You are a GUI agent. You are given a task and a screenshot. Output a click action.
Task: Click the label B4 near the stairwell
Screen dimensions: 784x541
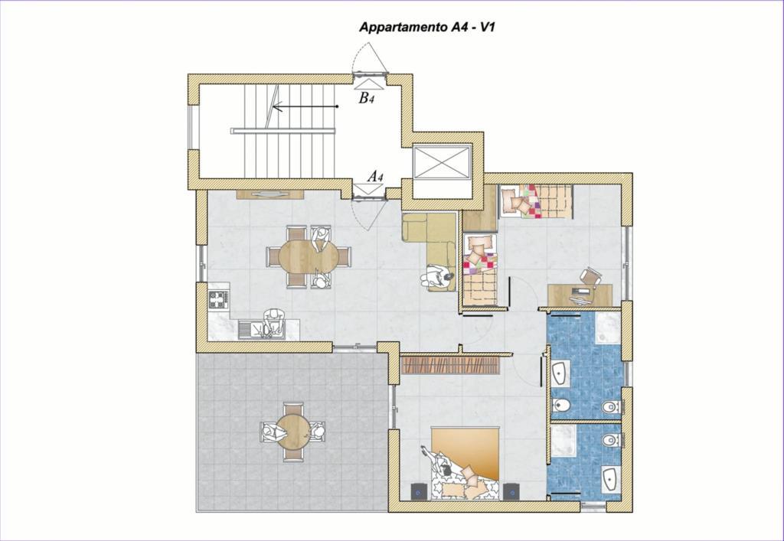pyautogui.click(x=366, y=98)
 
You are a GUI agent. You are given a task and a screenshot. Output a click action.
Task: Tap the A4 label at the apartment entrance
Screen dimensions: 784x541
pyautogui.click(x=375, y=176)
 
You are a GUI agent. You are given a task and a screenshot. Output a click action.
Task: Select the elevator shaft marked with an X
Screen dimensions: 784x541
pyautogui.click(x=443, y=161)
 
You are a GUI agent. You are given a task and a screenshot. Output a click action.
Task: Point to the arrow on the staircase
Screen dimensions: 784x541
pyautogui.click(x=305, y=106)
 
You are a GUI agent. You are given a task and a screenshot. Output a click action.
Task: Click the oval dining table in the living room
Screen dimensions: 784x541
pyautogui.click(x=309, y=257)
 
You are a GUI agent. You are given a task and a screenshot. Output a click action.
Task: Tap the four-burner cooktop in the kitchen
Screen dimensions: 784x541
pyautogui.click(x=218, y=299)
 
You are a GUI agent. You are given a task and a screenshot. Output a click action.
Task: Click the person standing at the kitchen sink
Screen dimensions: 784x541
pyautogui.click(x=273, y=322)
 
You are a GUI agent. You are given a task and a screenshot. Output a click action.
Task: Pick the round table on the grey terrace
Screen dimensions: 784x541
pyautogui.click(x=294, y=432)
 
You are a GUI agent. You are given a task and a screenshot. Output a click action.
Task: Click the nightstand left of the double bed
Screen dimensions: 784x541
pyautogui.click(x=419, y=491)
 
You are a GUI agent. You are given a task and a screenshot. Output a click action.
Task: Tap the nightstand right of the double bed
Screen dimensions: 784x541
pyautogui.click(x=511, y=491)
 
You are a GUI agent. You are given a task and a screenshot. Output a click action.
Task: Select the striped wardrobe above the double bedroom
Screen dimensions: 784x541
pyautogui.click(x=450, y=365)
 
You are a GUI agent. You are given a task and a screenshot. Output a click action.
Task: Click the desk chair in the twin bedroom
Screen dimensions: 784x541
pyautogui.click(x=590, y=276)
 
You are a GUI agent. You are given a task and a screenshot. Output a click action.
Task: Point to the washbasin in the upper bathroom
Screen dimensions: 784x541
pyautogui.click(x=559, y=372)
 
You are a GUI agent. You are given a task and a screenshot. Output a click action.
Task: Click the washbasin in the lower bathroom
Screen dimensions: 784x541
pyautogui.click(x=610, y=478)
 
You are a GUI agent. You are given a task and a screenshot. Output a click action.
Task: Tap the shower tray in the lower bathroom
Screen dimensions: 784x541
pyautogui.click(x=563, y=441)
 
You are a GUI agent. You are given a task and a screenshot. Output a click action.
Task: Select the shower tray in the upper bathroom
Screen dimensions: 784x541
pyautogui.click(x=608, y=328)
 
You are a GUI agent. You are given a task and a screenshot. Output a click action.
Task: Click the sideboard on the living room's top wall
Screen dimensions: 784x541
pyautogui.click(x=270, y=194)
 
